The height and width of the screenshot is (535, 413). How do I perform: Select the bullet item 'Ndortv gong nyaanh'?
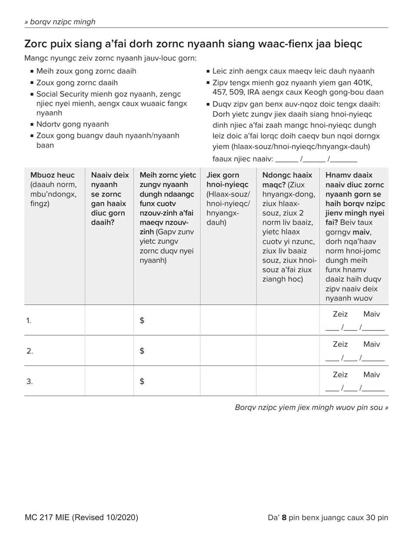point(72,124)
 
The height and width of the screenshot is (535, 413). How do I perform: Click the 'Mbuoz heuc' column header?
point(52,175)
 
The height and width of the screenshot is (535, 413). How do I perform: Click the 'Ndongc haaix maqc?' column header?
point(287,180)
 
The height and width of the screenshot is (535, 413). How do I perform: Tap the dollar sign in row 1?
point(142,321)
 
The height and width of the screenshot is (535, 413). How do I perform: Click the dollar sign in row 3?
point(142,381)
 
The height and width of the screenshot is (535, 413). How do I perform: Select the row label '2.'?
point(29,351)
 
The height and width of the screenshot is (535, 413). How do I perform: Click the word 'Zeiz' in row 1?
point(340,314)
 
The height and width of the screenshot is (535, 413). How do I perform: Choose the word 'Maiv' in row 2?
point(371,344)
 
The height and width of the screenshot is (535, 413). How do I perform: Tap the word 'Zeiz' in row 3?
point(340,375)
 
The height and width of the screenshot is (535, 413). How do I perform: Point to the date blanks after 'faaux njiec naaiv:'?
point(316,159)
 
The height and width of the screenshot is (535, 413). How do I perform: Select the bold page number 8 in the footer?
point(284,518)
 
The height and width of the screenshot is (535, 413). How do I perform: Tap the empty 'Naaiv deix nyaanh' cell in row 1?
point(109,321)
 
